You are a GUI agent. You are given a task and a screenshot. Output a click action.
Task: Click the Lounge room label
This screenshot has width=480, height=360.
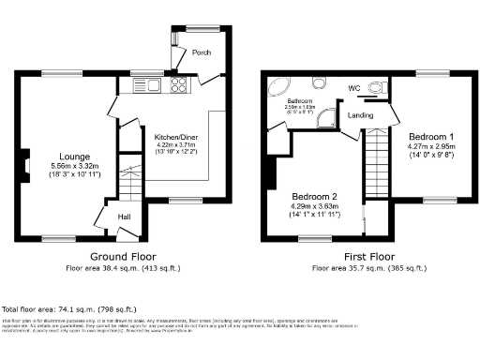click(x=75, y=156)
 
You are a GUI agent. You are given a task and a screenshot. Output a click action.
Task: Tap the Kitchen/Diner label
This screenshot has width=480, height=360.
click(x=176, y=136)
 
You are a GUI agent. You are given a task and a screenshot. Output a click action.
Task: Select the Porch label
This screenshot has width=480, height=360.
click(x=201, y=52)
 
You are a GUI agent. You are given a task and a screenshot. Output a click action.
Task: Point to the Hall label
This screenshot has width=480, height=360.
click(x=124, y=217)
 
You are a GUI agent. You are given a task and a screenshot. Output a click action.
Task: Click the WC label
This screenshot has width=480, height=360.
click(x=353, y=89)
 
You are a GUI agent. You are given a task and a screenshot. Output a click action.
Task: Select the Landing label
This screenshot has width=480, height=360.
click(x=361, y=115)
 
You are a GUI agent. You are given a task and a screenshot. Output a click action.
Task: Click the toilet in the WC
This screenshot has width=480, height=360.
click(x=378, y=88)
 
